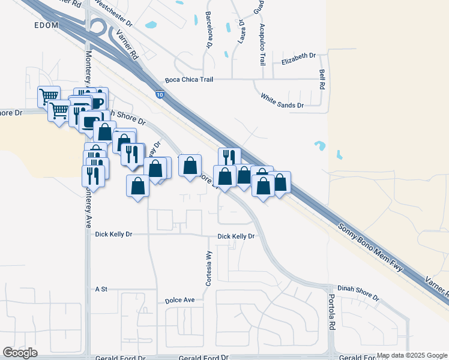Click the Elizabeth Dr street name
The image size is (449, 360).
click(298, 55)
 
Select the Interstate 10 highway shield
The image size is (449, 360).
click(159, 95)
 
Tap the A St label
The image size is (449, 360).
click(101, 289)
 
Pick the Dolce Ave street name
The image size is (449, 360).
click(180, 299)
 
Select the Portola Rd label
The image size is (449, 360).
click(331, 313)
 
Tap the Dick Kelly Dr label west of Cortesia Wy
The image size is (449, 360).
click(113, 233)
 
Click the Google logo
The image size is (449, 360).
click(20, 353)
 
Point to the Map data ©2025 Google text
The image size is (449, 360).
click(411, 356)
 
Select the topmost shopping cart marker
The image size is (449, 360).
click(49, 96)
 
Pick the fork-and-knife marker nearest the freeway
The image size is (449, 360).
click(229, 157)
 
